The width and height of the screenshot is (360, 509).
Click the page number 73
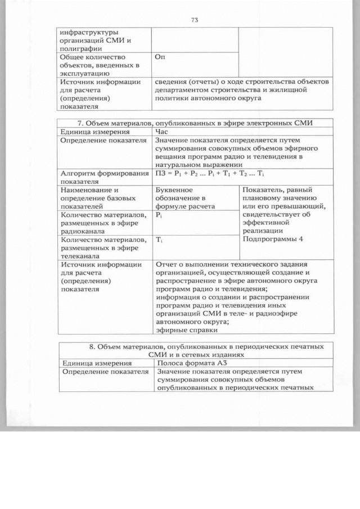pos(195,20)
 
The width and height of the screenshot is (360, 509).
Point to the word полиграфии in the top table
pos(78,49)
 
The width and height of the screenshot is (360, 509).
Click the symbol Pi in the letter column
pos(159,215)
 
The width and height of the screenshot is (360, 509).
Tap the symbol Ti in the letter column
pos(159,240)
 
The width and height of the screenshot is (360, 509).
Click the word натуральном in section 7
pos(181,164)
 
